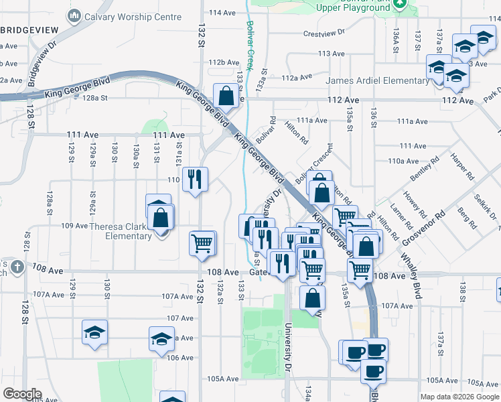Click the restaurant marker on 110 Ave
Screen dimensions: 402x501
click(x=195, y=179)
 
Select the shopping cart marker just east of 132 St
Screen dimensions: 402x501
click(x=202, y=244)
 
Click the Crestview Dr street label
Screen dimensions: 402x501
click(x=324, y=32)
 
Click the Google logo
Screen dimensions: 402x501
click(x=22, y=394)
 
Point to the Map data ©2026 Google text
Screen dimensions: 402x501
click(x=459, y=397)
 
